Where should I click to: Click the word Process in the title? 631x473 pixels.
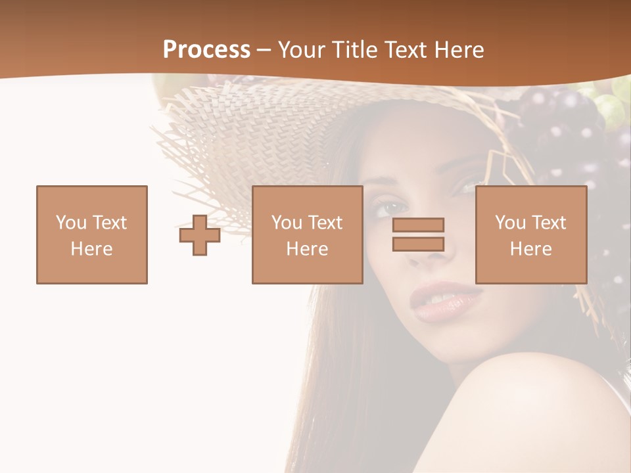coord(206,50)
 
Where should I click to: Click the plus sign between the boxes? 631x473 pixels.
coord(200,235)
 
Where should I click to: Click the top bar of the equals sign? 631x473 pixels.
coord(418,225)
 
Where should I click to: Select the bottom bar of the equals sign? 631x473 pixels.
coord(418,244)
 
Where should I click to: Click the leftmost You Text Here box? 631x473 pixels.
coord(92,235)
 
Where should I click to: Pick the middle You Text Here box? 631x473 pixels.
coord(307,235)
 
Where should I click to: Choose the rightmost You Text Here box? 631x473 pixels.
coord(530,235)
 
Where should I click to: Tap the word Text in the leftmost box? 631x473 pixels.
coord(108,223)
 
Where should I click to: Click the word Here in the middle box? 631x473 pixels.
coord(307,249)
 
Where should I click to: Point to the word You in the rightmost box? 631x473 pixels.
coord(510,223)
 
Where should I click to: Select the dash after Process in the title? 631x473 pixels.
coord(264,50)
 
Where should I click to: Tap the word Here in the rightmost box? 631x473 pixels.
coord(530,249)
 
